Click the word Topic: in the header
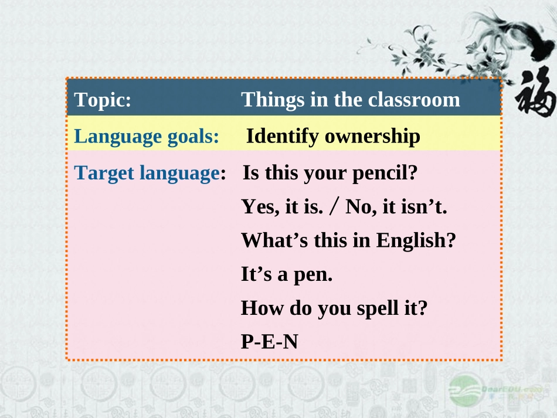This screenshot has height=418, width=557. point(103,100)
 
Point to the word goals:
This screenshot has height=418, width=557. point(193,137)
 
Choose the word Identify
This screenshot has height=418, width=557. point(283,137)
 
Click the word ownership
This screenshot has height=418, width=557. point(372,137)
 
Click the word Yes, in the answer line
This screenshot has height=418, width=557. point(258,207)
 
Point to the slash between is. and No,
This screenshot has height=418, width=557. point(334,207)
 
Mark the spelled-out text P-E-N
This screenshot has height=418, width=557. point(269,341)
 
